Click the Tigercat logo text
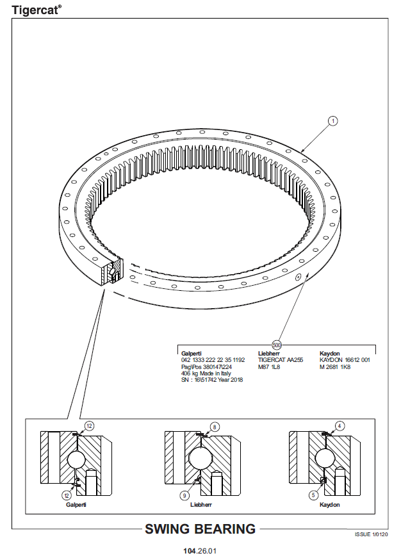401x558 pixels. click(x=37, y=10)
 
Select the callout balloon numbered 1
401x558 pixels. click(x=333, y=121)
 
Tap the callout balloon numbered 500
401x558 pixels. click(x=277, y=345)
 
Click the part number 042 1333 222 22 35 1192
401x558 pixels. click(x=213, y=360)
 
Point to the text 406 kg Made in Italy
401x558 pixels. click(x=206, y=373)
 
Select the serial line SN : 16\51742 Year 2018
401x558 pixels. click(x=212, y=380)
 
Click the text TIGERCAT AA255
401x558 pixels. click(x=281, y=360)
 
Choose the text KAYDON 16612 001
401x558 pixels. click(x=345, y=360)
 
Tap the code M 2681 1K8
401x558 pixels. click(x=335, y=367)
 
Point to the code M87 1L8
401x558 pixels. click(x=269, y=367)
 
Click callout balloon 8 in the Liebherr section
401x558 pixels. click(x=214, y=427)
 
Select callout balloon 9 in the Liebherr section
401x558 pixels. click(x=184, y=495)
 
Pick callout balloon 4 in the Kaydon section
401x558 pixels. click(x=340, y=426)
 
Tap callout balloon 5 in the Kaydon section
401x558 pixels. click(x=313, y=495)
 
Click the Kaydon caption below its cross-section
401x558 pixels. click(x=329, y=505)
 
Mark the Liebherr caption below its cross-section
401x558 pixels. click(x=201, y=505)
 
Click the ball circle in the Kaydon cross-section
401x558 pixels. click(x=325, y=457)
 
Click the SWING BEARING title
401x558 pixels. click(x=200, y=529)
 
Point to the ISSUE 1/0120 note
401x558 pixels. click(x=371, y=534)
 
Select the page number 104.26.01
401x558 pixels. click(x=200, y=551)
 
